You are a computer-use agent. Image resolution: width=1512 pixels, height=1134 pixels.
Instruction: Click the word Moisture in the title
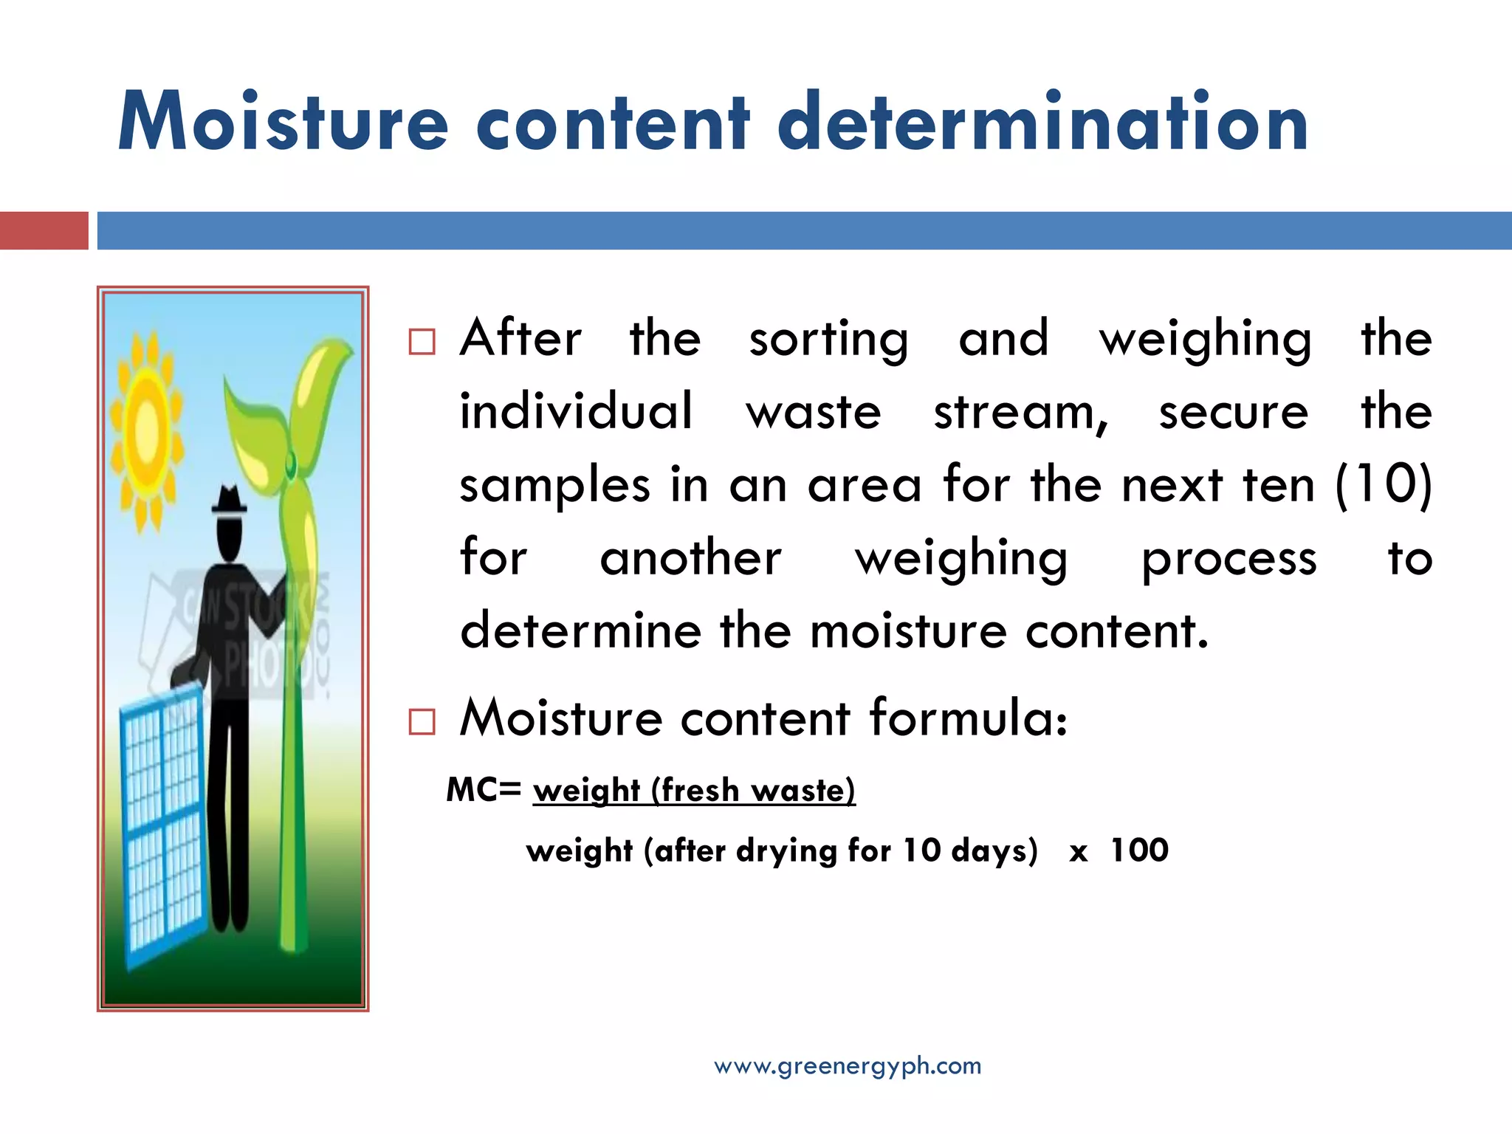[x=283, y=123]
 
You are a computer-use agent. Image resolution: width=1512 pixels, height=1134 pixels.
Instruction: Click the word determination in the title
[x=1042, y=123]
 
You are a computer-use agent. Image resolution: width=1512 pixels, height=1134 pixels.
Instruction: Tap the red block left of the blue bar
[x=44, y=230]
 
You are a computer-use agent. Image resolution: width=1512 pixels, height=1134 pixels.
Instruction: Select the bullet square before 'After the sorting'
[x=422, y=342]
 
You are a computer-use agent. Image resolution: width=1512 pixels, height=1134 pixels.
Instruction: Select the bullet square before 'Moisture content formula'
[x=422, y=721]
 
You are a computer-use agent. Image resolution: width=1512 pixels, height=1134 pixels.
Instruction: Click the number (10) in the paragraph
[x=1384, y=485]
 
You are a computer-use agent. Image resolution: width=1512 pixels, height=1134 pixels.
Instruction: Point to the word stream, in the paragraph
[x=1021, y=412]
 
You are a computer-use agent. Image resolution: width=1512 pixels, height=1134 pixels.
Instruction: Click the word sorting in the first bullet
[x=828, y=340]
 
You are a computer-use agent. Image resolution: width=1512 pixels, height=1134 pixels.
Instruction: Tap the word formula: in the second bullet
[x=968, y=718]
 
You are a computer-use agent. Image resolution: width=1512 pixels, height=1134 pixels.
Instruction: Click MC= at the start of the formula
[x=484, y=790]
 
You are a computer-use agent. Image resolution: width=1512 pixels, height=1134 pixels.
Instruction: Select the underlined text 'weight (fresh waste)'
[x=694, y=791]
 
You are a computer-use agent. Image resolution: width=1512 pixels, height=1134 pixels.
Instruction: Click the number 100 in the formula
[x=1139, y=850]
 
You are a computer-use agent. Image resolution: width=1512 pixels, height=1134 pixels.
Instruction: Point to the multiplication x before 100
[x=1078, y=853]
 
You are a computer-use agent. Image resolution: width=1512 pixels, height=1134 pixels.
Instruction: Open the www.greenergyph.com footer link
[x=848, y=1066]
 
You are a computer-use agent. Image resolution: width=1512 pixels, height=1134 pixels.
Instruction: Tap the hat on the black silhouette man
[x=230, y=502]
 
